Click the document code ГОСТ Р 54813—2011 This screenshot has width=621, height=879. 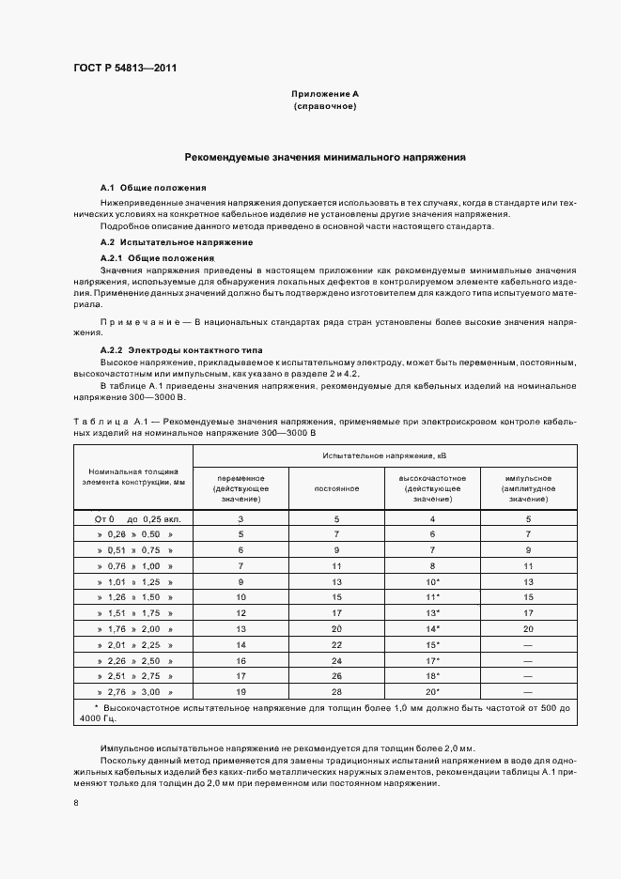[126, 68]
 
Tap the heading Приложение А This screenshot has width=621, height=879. [325, 95]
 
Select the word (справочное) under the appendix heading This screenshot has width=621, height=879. [325, 107]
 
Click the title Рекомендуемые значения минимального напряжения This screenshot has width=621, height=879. [325, 158]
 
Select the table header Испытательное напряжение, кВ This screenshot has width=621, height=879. [384, 455]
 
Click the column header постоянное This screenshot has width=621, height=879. [336, 488]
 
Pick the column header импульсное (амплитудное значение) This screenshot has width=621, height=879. [528, 488]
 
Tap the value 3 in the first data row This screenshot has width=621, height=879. [241, 518]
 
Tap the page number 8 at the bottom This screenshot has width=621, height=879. [76, 803]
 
